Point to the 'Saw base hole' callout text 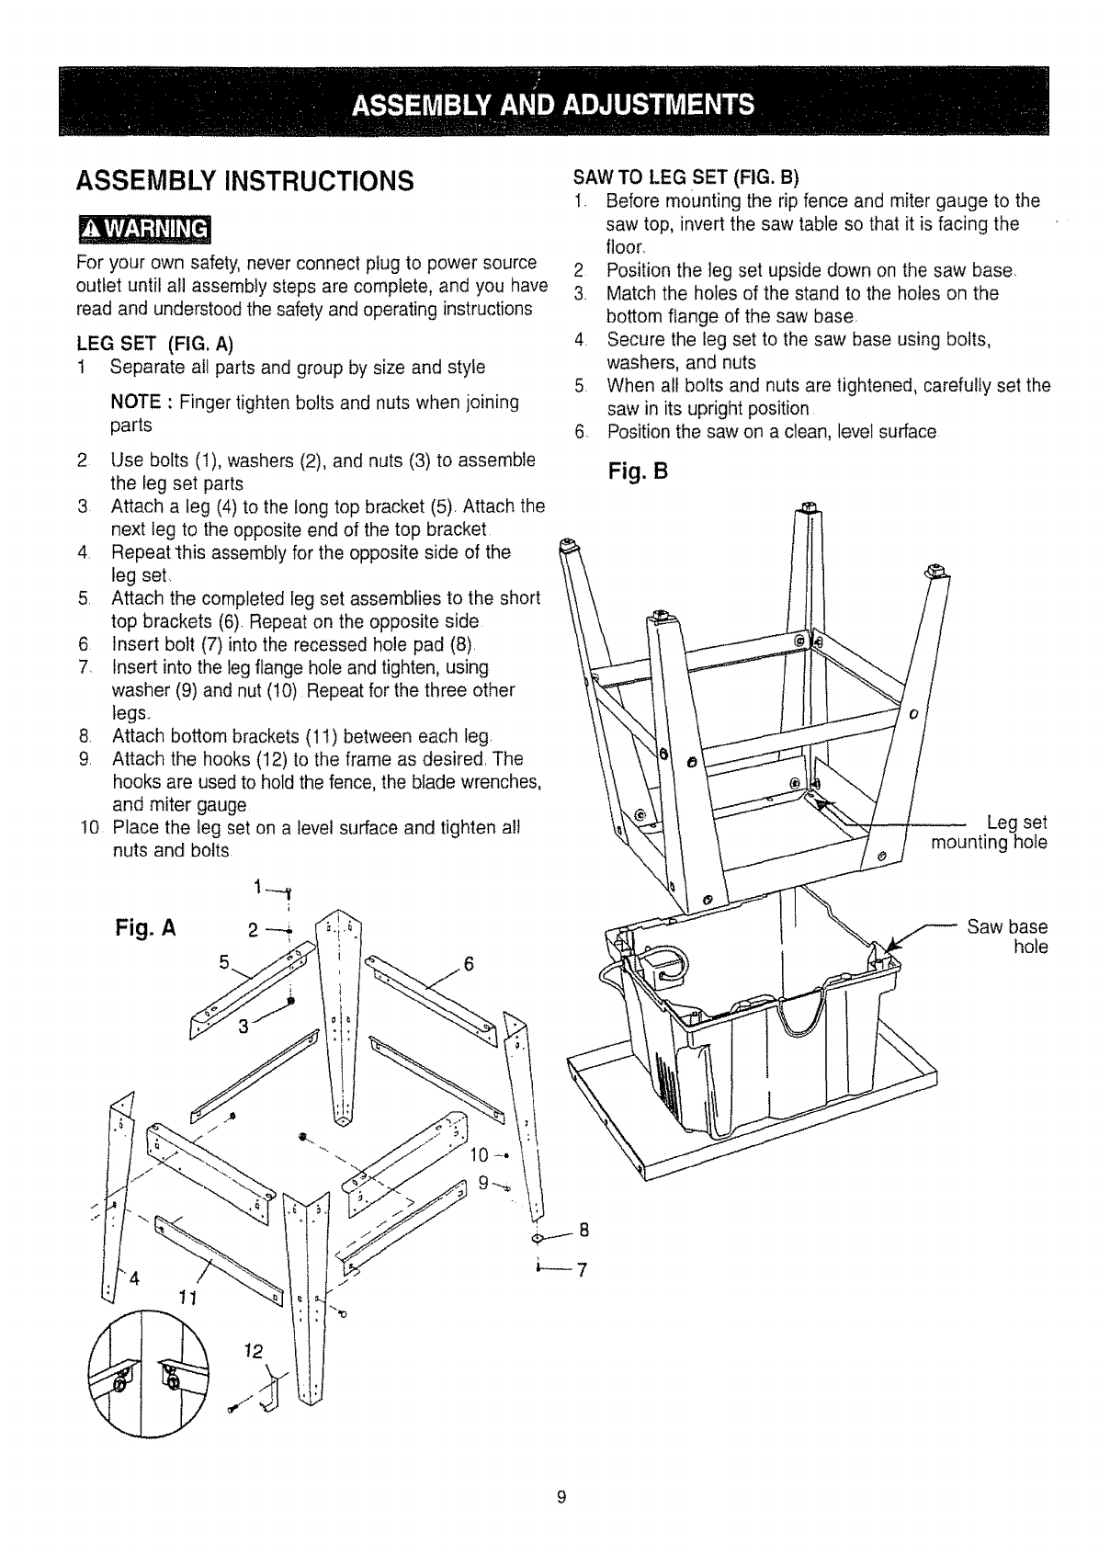click(1007, 936)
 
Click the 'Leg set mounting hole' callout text click(988, 832)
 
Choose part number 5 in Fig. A click(222, 962)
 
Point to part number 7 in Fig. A click(581, 1270)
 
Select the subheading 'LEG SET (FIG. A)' click(154, 345)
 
